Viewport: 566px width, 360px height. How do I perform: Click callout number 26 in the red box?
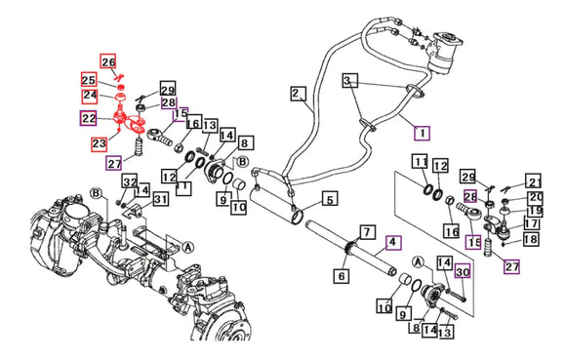(108, 61)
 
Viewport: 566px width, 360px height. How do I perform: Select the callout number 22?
(89, 118)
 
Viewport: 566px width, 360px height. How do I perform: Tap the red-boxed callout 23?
(99, 143)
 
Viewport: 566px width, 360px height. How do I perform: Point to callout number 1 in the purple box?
(422, 133)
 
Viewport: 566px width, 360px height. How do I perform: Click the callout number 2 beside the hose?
(299, 94)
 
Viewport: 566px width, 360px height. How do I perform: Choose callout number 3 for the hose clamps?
(349, 80)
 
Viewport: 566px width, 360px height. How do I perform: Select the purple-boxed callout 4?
(393, 243)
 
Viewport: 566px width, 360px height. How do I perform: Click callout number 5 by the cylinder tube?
(330, 199)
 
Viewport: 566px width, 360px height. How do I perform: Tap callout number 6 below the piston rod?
(342, 275)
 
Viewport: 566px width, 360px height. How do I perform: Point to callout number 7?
(367, 232)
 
